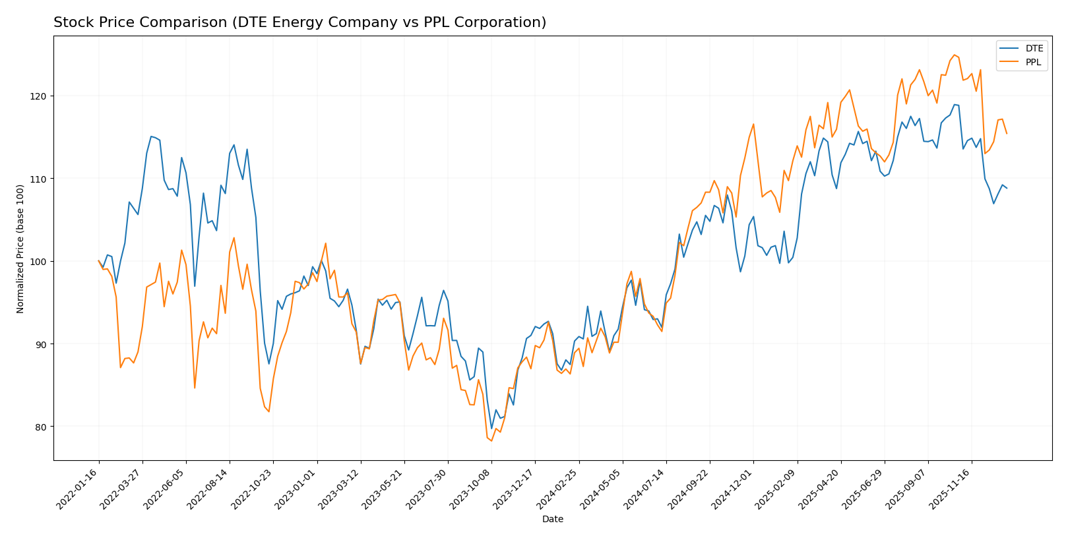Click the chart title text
coord(299,22)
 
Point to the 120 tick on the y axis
coord(39,96)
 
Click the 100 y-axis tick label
coord(39,262)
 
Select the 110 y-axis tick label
coord(39,179)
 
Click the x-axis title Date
coord(552,520)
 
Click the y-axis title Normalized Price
coord(20,249)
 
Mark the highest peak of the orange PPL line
coord(954,55)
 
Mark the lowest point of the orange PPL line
coord(491,440)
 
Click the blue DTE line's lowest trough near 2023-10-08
coord(491,429)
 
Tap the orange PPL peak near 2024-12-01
coord(753,124)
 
